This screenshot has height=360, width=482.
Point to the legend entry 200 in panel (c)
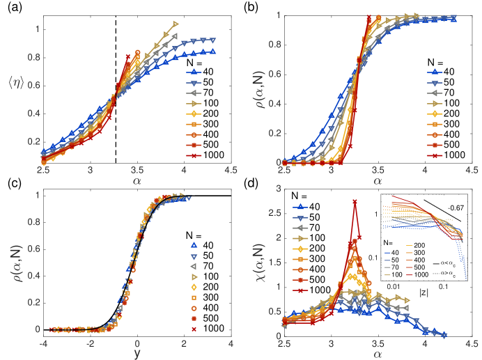(206, 263)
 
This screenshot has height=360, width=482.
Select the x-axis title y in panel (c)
(137, 352)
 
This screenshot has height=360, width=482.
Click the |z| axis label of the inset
(422, 302)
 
